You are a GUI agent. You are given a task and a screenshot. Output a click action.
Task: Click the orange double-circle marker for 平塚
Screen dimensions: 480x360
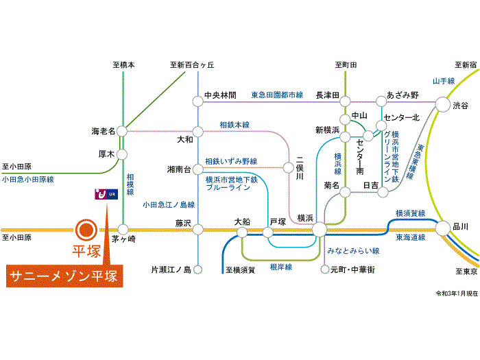(86, 230)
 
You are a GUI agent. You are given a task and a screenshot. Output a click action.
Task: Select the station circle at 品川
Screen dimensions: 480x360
(443, 228)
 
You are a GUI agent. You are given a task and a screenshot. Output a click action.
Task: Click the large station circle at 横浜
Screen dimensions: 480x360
(320, 229)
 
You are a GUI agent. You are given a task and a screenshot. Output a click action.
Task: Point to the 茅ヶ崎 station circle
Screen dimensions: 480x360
(123, 229)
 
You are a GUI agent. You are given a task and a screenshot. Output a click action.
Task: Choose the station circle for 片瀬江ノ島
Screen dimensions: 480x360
(198, 269)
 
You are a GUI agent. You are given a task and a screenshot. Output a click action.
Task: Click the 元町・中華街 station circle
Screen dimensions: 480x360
(325, 269)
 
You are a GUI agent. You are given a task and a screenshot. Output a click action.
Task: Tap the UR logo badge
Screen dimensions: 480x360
(106, 194)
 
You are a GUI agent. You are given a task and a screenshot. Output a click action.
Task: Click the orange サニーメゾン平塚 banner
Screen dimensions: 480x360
(64, 276)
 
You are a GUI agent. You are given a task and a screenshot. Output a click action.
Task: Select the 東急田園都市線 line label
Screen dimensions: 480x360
(277, 95)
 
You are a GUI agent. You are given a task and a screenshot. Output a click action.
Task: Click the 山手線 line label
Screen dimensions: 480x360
(444, 81)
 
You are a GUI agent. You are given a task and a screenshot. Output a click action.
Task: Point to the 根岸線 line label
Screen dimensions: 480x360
(281, 267)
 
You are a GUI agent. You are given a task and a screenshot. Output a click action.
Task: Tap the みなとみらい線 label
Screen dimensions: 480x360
(353, 251)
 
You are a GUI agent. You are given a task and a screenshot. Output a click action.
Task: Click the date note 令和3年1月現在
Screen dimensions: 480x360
(457, 293)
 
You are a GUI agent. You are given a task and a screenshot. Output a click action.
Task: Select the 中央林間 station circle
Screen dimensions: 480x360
(198, 101)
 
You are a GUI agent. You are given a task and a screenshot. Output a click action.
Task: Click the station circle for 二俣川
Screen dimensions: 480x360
(289, 167)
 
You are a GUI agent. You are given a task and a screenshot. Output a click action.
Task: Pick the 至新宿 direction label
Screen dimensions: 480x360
(466, 65)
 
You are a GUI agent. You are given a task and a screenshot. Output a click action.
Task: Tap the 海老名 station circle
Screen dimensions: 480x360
(122, 132)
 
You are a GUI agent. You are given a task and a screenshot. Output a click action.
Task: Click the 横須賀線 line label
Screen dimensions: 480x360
(410, 213)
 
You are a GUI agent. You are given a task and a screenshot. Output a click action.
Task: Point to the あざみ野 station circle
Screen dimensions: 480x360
(381, 101)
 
